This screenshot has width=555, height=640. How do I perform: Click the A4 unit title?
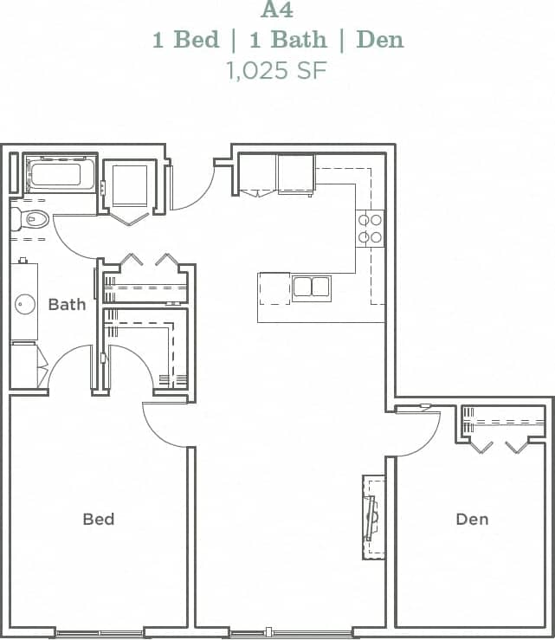click(277, 11)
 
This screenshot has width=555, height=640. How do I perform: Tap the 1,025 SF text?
click(277, 70)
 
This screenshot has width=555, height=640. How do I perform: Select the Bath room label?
click(67, 304)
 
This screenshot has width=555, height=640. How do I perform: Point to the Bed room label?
click(99, 519)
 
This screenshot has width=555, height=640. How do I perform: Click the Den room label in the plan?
click(472, 519)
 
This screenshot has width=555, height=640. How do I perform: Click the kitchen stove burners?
click(371, 228)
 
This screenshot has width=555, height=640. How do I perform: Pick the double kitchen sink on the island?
click(311, 288)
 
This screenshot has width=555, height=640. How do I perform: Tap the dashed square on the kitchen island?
click(274, 288)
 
